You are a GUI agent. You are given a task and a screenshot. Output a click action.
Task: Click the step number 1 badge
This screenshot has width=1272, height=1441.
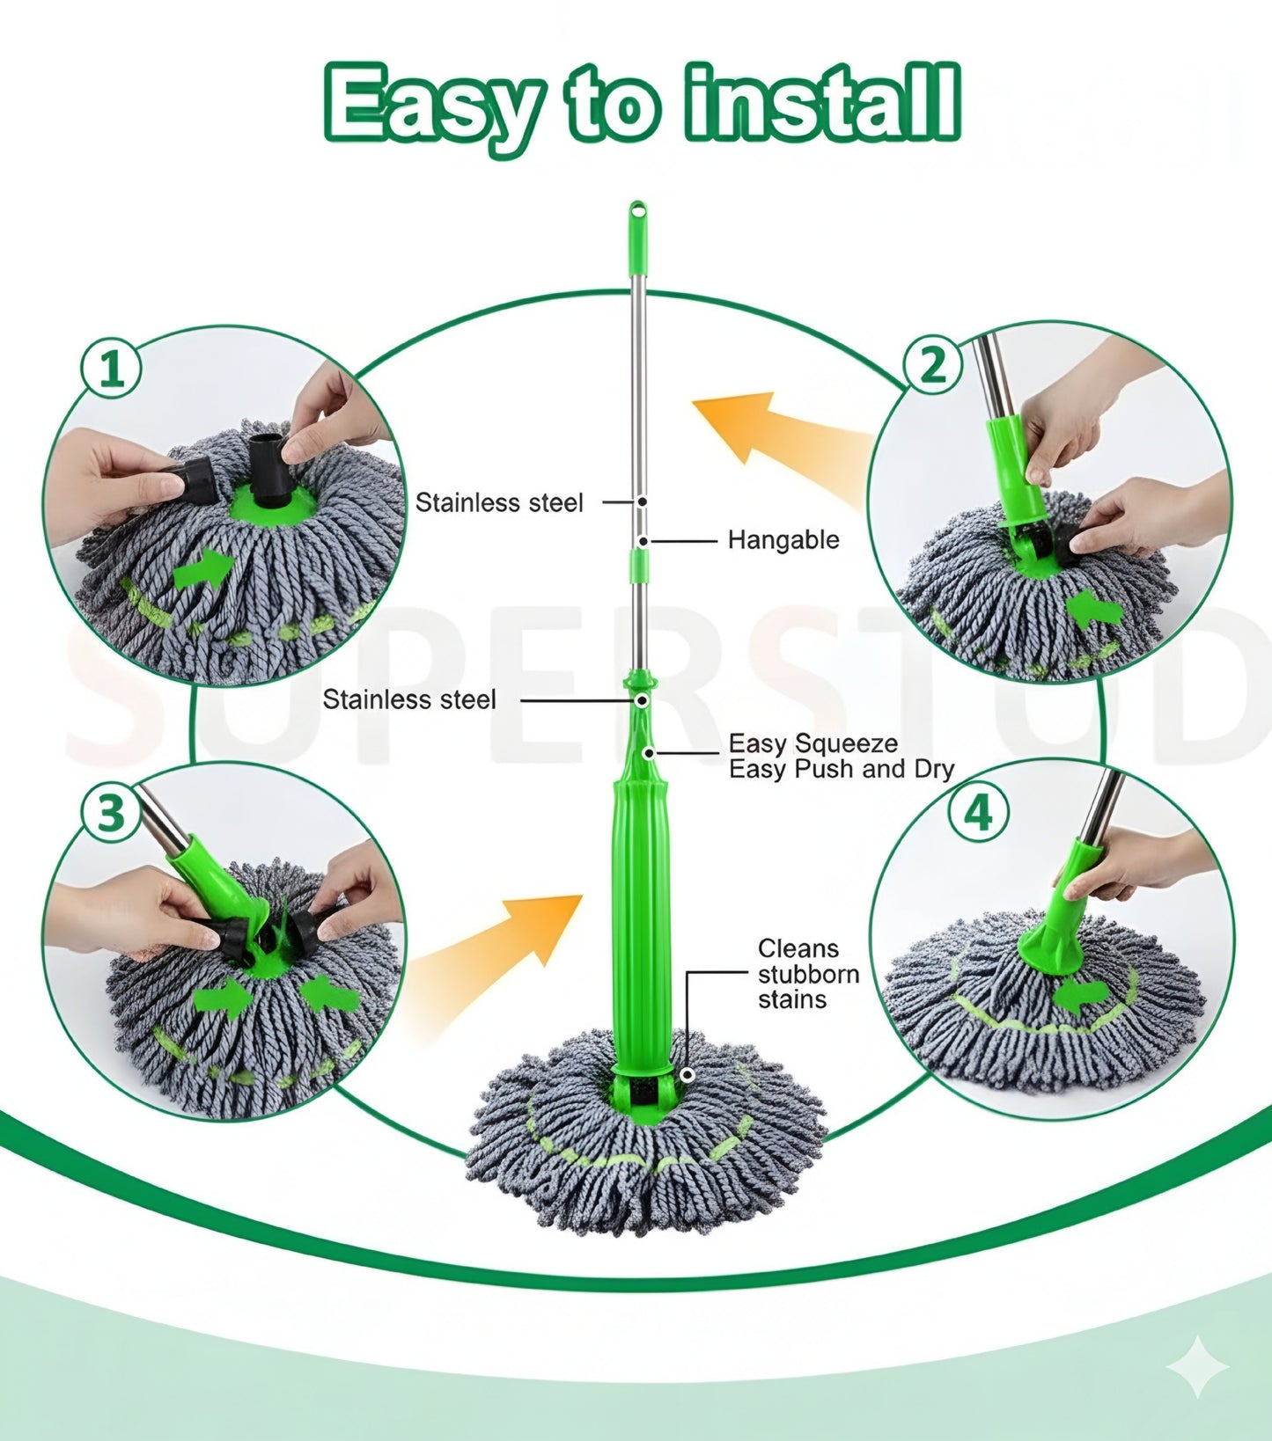click(111, 368)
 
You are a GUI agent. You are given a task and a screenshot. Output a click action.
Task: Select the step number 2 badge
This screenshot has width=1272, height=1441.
click(933, 363)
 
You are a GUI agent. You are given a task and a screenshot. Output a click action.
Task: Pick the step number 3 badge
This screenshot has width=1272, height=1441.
click(111, 813)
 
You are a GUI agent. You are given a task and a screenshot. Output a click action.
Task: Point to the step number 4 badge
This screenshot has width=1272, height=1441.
click(978, 813)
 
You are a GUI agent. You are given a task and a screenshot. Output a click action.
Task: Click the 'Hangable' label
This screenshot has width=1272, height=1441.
click(783, 539)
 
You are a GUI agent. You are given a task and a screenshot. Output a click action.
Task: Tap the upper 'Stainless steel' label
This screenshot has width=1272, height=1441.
click(499, 502)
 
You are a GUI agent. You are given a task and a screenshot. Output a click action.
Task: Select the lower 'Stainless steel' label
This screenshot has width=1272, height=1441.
click(409, 699)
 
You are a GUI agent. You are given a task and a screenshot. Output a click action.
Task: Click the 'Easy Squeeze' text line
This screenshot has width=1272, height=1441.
click(812, 743)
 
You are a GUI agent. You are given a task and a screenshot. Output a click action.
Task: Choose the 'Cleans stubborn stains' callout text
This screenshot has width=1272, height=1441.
click(807, 974)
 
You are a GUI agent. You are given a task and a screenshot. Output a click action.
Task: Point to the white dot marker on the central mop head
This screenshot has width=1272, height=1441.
click(687, 1075)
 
